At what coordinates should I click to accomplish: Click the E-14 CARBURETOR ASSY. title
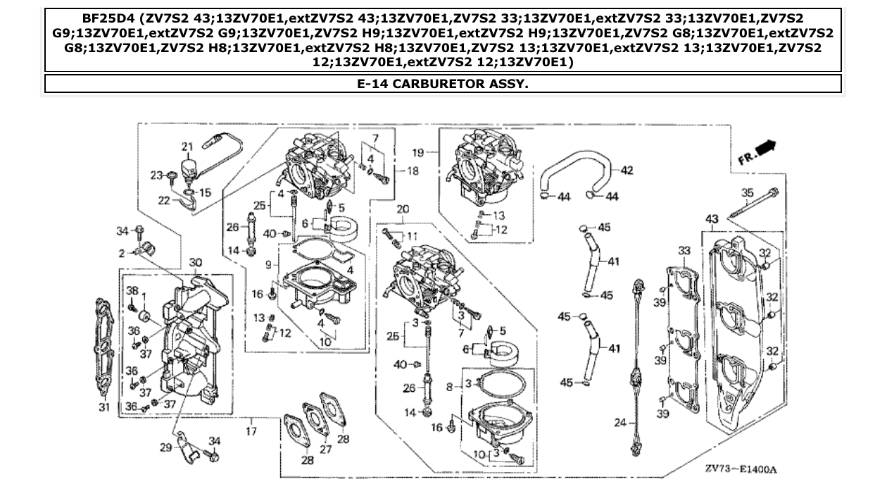443,84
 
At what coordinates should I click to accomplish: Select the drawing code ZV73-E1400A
745,469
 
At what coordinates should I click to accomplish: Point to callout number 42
627,170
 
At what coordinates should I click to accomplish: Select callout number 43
712,220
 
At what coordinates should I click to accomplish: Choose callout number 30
195,262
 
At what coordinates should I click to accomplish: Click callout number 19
417,152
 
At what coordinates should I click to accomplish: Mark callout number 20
403,209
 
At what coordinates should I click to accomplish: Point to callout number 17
251,430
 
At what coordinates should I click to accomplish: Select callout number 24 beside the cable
619,423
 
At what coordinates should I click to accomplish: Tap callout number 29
166,447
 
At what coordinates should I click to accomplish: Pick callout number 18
413,171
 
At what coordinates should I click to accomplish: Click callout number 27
326,448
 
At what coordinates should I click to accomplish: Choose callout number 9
268,265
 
